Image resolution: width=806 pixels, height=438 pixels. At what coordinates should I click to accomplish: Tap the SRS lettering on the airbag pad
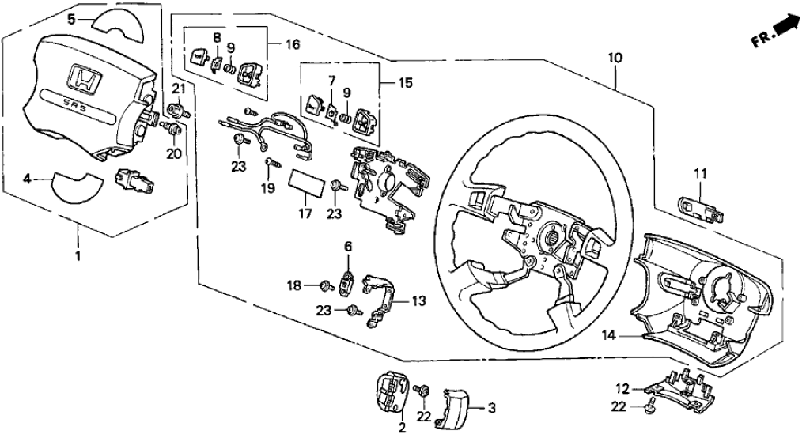pyautogui.click(x=79, y=104)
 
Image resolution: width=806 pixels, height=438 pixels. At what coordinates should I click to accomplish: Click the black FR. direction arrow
pyautogui.click(x=785, y=28)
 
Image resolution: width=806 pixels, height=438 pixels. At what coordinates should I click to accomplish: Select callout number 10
pyautogui.click(x=616, y=59)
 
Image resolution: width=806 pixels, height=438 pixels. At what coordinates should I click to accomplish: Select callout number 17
pyautogui.click(x=305, y=213)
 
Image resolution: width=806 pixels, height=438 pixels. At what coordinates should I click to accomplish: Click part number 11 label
pyautogui.click(x=698, y=172)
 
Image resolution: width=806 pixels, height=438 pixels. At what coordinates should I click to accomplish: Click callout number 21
pyautogui.click(x=179, y=87)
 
